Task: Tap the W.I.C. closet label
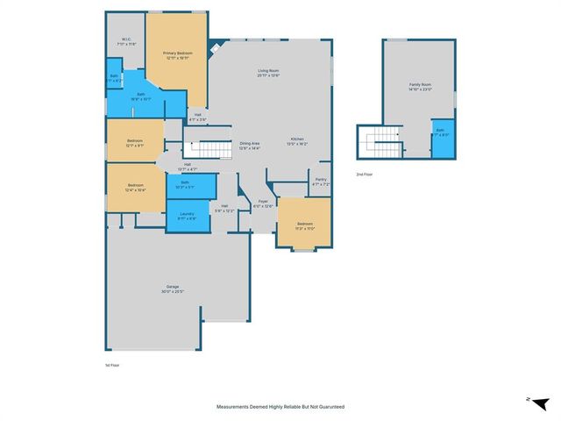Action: click(127, 41)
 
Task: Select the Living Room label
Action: click(267, 73)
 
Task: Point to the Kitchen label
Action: click(297, 141)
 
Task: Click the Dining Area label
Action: click(250, 146)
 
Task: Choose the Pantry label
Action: click(321, 182)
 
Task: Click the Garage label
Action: click(173, 289)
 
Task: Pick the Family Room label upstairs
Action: click(421, 87)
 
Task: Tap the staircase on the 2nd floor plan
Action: click(382, 140)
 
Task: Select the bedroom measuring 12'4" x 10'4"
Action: click(135, 188)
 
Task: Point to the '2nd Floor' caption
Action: click(365, 175)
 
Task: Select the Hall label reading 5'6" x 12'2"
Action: click(225, 209)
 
